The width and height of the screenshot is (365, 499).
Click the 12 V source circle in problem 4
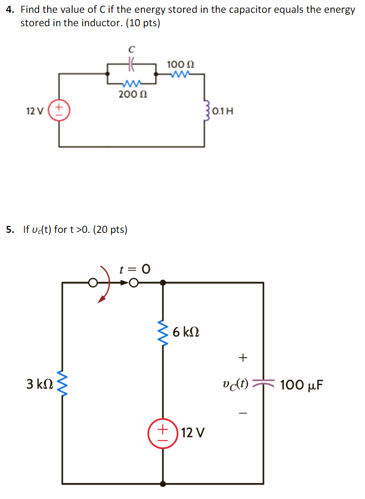pyautogui.click(x=59, y=111)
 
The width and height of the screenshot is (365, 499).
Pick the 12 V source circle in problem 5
pyautogui.click(x=162, y=432)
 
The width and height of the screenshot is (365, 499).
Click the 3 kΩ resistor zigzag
pyautogui.click(x=62, y=384)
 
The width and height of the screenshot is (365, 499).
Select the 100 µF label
pyautogui.click(x=301, y=384)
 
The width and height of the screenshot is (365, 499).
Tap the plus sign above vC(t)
pyautogui.click(x=244, y=356)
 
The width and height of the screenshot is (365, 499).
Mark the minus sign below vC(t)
pyautogui.click(x=244, y=413)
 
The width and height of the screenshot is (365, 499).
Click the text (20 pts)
pyautogui.click(x=110, y=230)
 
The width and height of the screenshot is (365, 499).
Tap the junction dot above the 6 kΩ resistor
pyautogui.click(x=162, y=282)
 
